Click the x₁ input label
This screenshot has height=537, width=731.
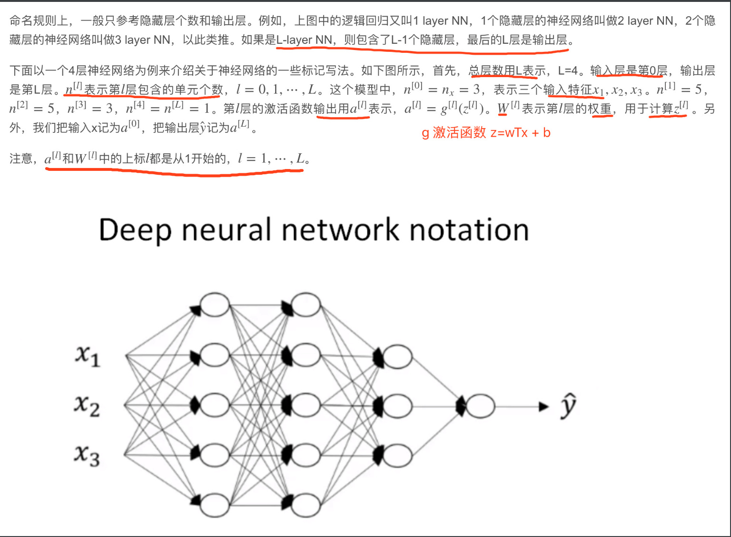pos(88,356)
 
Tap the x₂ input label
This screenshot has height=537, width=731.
pos(87,406)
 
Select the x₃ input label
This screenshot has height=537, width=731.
pos(87,455)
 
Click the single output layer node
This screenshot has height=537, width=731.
pos(481,406)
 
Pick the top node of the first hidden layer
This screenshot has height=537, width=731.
pos(215,305)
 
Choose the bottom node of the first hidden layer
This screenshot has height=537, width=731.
pos(215,505)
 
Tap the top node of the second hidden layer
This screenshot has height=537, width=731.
pos(306,305)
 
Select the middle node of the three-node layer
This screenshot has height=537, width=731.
pos(397,406)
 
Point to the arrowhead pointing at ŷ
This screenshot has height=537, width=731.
pos(543,407)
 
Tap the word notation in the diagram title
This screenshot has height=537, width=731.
pos(469,230)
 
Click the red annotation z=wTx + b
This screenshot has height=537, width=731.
pos(521,133)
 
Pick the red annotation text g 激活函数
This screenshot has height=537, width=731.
pos(454,133)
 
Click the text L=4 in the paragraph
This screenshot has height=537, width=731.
pos(568,70)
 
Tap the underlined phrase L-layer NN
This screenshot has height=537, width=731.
pos(304,40)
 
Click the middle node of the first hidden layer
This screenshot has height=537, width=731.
pos(215,406)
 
